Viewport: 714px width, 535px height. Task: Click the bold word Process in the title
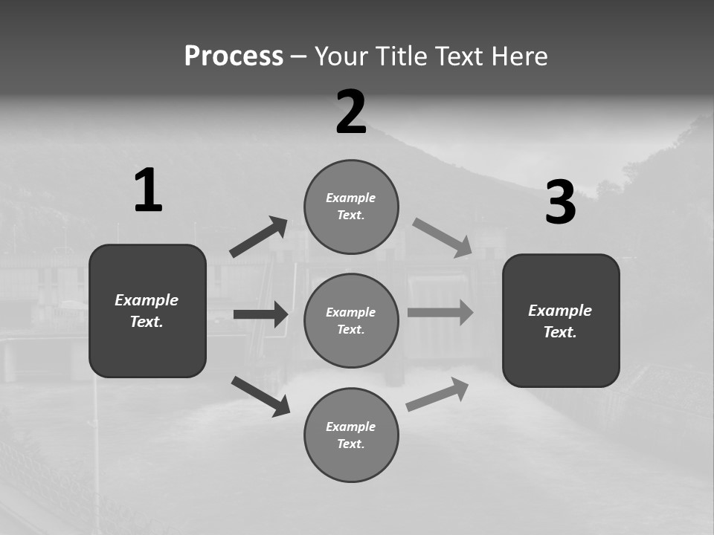click(234, 56)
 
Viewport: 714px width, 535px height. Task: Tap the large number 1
click(148, 191)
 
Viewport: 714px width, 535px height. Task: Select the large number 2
click(351, 112)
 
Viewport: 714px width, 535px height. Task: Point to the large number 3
click(560, 203)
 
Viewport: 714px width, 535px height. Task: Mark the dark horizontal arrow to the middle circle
click(260, 314)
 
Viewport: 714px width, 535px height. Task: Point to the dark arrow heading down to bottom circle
click(260, 395)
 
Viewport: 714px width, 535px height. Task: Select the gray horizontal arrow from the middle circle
click(440, 313)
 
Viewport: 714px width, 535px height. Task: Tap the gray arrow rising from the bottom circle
click(437, 395)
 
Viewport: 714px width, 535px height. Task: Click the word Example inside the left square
click(147, 300)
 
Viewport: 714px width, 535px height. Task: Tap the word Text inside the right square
click(560, 332)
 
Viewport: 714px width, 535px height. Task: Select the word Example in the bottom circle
click(351, 427)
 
